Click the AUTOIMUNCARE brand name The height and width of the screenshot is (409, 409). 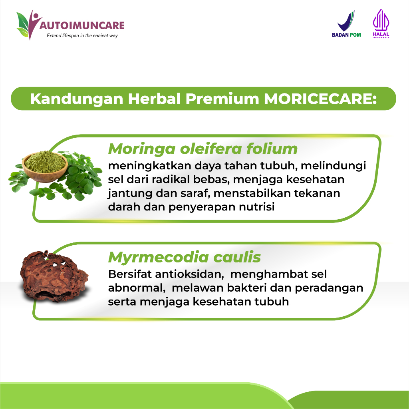pos(82,26)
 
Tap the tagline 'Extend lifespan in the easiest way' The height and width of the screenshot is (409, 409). pos(82,36)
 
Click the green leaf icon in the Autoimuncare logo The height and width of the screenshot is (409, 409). pos(23,24)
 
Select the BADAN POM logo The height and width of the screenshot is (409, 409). pos(346,24)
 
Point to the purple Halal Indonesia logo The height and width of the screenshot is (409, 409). pos(381,24)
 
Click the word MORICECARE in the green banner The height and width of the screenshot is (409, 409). pos(320,99)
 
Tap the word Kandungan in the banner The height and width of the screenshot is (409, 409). pos(77,99)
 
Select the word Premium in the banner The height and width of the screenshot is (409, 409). pos(222,99)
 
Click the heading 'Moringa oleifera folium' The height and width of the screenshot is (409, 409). pos(203,149)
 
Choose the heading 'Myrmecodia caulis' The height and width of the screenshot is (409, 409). pos(185,257)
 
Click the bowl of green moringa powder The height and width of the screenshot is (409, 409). pos(45,167)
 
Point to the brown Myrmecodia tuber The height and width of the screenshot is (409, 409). pos(54,276)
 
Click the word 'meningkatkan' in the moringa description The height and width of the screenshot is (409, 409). pos(150,166)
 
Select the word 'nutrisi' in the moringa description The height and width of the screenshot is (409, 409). pos(257,207)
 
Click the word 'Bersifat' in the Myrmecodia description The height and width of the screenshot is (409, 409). pos(130,274)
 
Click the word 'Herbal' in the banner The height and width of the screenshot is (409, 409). pos(154,99)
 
